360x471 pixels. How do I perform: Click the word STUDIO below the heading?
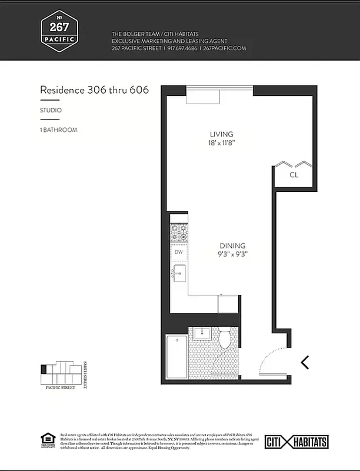[x=51, y=110]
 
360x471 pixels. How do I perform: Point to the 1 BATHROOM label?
[x=58, y=130]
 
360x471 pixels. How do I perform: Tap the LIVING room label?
[x=222, y=134]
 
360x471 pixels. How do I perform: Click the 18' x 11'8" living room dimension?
[x=222, y=143]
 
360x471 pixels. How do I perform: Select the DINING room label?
[x=232, y=246]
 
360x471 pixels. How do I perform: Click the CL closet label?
[x=293, y=175]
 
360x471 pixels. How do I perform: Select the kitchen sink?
[x=179, y=273]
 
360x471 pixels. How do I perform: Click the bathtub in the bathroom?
[x=176, y=357]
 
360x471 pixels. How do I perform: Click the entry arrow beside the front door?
[x=305, y=362]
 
